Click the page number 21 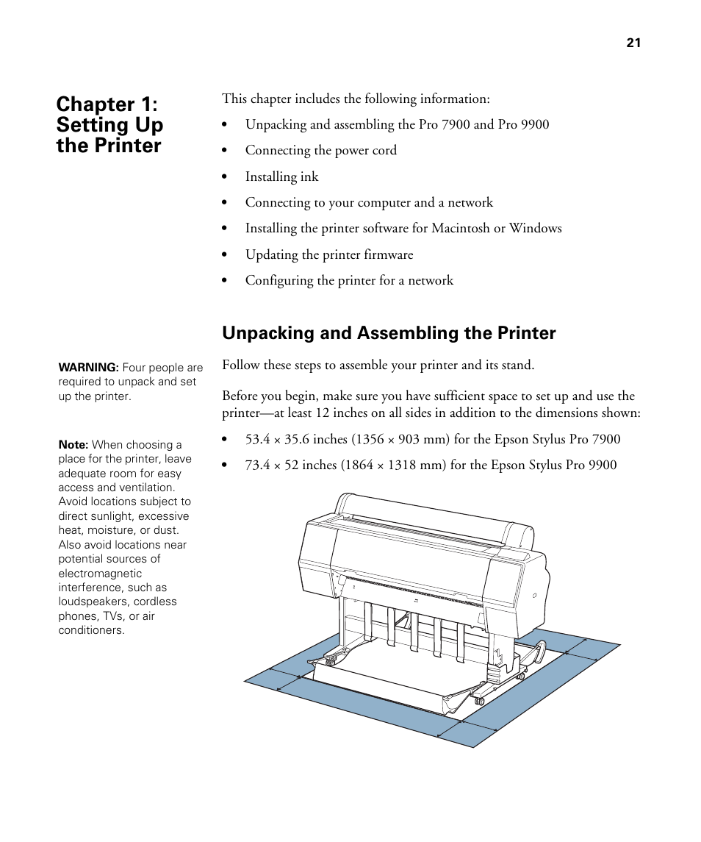point(633,43)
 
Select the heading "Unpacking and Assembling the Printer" point(389,333)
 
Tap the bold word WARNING point(88,368)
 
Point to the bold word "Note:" point(73,445)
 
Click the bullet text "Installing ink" point(281,176)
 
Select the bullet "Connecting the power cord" point(320,150)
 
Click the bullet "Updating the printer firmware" point(328,254)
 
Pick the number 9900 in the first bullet point(534,124)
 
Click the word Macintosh point(461,228)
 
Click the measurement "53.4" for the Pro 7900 point(258,439)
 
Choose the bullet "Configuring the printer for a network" point(349,280)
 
